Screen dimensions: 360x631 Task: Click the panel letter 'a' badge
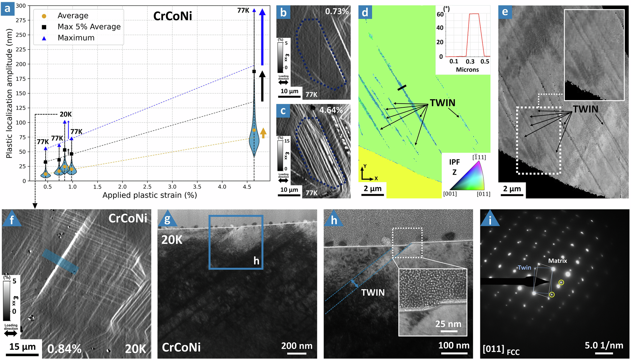(x=8, y=9)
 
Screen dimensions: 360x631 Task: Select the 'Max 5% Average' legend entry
(x=89, y=27)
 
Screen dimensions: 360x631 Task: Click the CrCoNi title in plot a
(x=173, y=16)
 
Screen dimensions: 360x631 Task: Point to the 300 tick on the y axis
(x=21, y=6)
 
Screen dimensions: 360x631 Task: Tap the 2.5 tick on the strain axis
(x=147, y=187)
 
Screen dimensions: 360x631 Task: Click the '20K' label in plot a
(x=66, y=114)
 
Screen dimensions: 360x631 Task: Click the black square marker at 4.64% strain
(x=254, y=72)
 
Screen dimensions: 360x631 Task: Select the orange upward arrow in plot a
(x=263, y=133)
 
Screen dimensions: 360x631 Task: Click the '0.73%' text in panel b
(x=337, y=12)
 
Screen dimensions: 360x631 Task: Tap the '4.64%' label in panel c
(x=331, y=110)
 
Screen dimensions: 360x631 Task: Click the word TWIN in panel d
(x=442, y=103)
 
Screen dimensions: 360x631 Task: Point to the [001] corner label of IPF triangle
(x=450, y=194)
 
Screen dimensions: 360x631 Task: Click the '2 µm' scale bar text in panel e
(x=512, y=189)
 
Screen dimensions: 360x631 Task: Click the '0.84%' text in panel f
(x=64, y=349)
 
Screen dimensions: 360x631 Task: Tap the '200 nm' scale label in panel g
(x=297, y=346)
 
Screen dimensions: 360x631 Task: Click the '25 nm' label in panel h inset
(x=448, y=324)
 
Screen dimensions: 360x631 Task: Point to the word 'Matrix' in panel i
(x=557, y=261)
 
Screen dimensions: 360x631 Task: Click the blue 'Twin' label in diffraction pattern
(x=524, y=267)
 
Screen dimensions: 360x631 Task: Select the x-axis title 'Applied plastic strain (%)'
(x=149, y=195)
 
